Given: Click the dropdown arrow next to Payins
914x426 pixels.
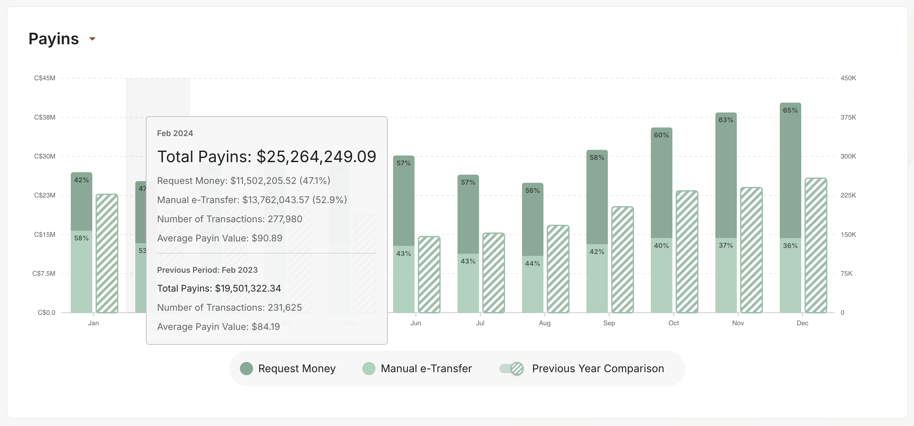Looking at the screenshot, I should tap(92, 39).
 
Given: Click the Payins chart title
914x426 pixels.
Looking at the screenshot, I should tap(53, 39).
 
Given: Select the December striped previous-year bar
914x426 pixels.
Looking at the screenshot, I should tap(816, 245).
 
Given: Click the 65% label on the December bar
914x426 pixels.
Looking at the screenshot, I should tap(790, 110).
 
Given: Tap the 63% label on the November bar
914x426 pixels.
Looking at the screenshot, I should tap(726, 120).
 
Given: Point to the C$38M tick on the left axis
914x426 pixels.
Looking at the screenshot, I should tap(45, 117).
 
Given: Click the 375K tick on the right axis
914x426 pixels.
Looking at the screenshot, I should tap(848, 117).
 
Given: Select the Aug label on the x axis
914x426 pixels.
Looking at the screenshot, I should tap(544, 323).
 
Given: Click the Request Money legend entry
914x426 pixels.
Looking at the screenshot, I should tap(288, 369).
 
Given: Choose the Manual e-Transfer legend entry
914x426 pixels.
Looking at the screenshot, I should tap(417, 369).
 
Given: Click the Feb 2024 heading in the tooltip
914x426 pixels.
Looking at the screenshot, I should tap(175, 133).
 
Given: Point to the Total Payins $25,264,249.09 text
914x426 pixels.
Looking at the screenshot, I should tap(267, 157).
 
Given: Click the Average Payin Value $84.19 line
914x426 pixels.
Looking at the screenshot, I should tap(218, 327).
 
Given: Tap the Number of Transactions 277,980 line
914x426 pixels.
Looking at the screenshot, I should tap(230, 219).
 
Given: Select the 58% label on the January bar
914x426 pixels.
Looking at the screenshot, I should tap(81, 238).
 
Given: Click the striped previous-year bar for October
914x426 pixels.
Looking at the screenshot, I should tap(687, 252).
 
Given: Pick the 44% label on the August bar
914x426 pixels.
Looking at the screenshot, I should tap(532, 264).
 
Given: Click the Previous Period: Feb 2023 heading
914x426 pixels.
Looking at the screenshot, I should tap(207, 270).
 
